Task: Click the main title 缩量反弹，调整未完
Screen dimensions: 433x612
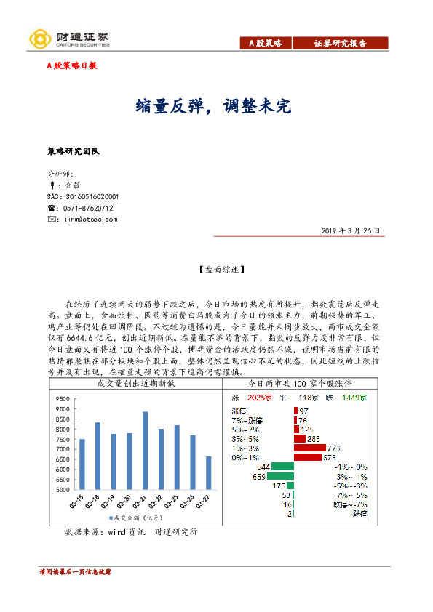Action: click(x=213, y=107)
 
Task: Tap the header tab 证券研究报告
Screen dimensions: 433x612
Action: click(x=341, y=44)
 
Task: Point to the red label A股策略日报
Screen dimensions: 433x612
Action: click(x=71, y=65)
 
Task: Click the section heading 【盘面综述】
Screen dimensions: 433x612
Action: click(x=215, y=270)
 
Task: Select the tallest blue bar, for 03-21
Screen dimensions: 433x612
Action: click(x=146, y=451)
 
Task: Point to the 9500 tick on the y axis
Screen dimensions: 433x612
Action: click(x=61, y=399)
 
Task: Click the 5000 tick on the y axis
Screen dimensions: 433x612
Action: click(x=61, y=490)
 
